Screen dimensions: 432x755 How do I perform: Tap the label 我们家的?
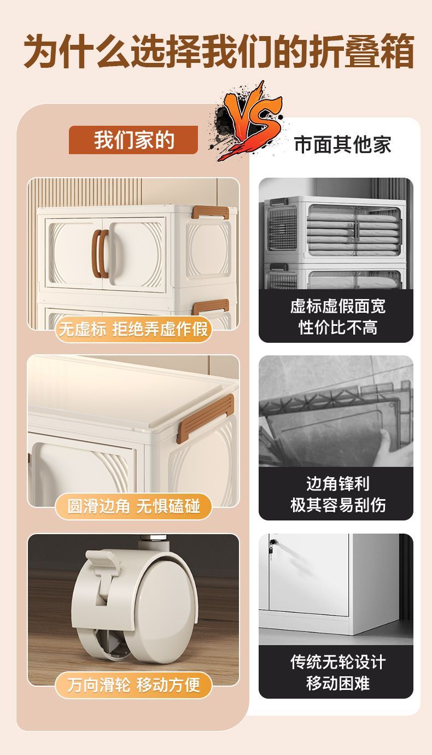133,140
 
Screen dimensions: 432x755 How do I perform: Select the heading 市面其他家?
342,145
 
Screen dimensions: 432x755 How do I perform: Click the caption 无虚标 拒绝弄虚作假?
133,329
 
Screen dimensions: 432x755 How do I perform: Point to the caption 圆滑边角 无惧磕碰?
133,506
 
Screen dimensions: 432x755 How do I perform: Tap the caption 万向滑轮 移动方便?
133,684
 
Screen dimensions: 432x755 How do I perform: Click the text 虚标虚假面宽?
337,306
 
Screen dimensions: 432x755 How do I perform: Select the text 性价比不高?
337,327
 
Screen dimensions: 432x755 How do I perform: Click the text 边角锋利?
337,484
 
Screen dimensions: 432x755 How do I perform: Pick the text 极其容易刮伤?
337,505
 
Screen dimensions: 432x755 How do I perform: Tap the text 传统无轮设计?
337,662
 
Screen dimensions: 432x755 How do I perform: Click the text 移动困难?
337,683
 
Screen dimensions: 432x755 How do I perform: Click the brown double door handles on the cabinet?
101,254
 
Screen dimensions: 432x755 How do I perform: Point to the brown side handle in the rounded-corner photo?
206,417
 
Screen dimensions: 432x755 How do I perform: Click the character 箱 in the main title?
394,51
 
